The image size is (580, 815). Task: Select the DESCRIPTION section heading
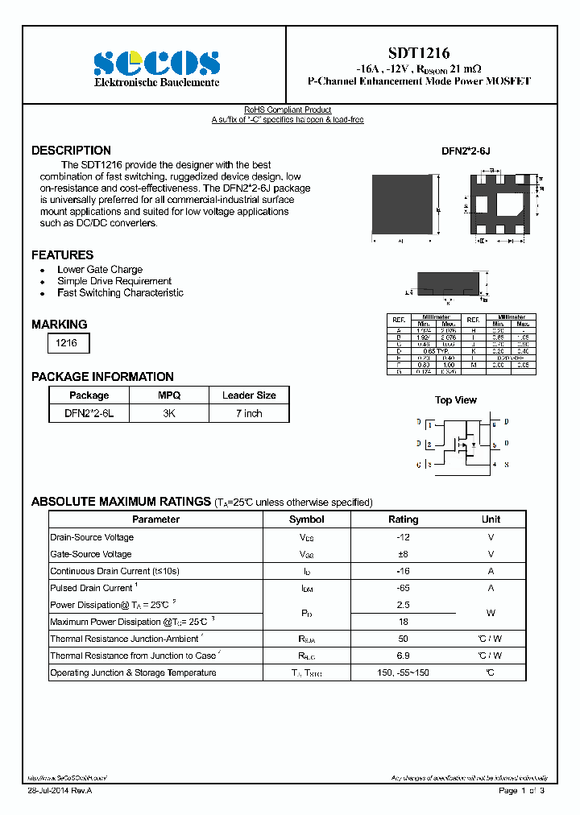point(71,151)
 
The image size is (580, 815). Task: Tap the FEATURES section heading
point(62,255)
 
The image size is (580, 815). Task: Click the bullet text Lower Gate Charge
point(100,270)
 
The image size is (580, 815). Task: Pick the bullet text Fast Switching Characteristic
point(120,293)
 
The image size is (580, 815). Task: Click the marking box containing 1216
point(66,343)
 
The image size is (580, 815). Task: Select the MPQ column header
point(169,395)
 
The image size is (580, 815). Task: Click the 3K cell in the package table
point(169,413)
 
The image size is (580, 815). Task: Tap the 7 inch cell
point(248,413)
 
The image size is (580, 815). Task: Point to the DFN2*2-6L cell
point(89,413)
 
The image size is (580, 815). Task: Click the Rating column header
point(404,519)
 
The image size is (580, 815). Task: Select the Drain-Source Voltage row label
point(92,537)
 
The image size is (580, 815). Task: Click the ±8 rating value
point(404,554)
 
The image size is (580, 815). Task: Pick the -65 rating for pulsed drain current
point(404,588)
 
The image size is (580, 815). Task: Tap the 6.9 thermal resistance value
point(404,656)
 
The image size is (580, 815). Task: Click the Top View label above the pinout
point(456,400)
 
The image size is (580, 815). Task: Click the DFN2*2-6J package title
point(466,151)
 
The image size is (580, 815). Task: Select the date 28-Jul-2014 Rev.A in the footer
point(60,792)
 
